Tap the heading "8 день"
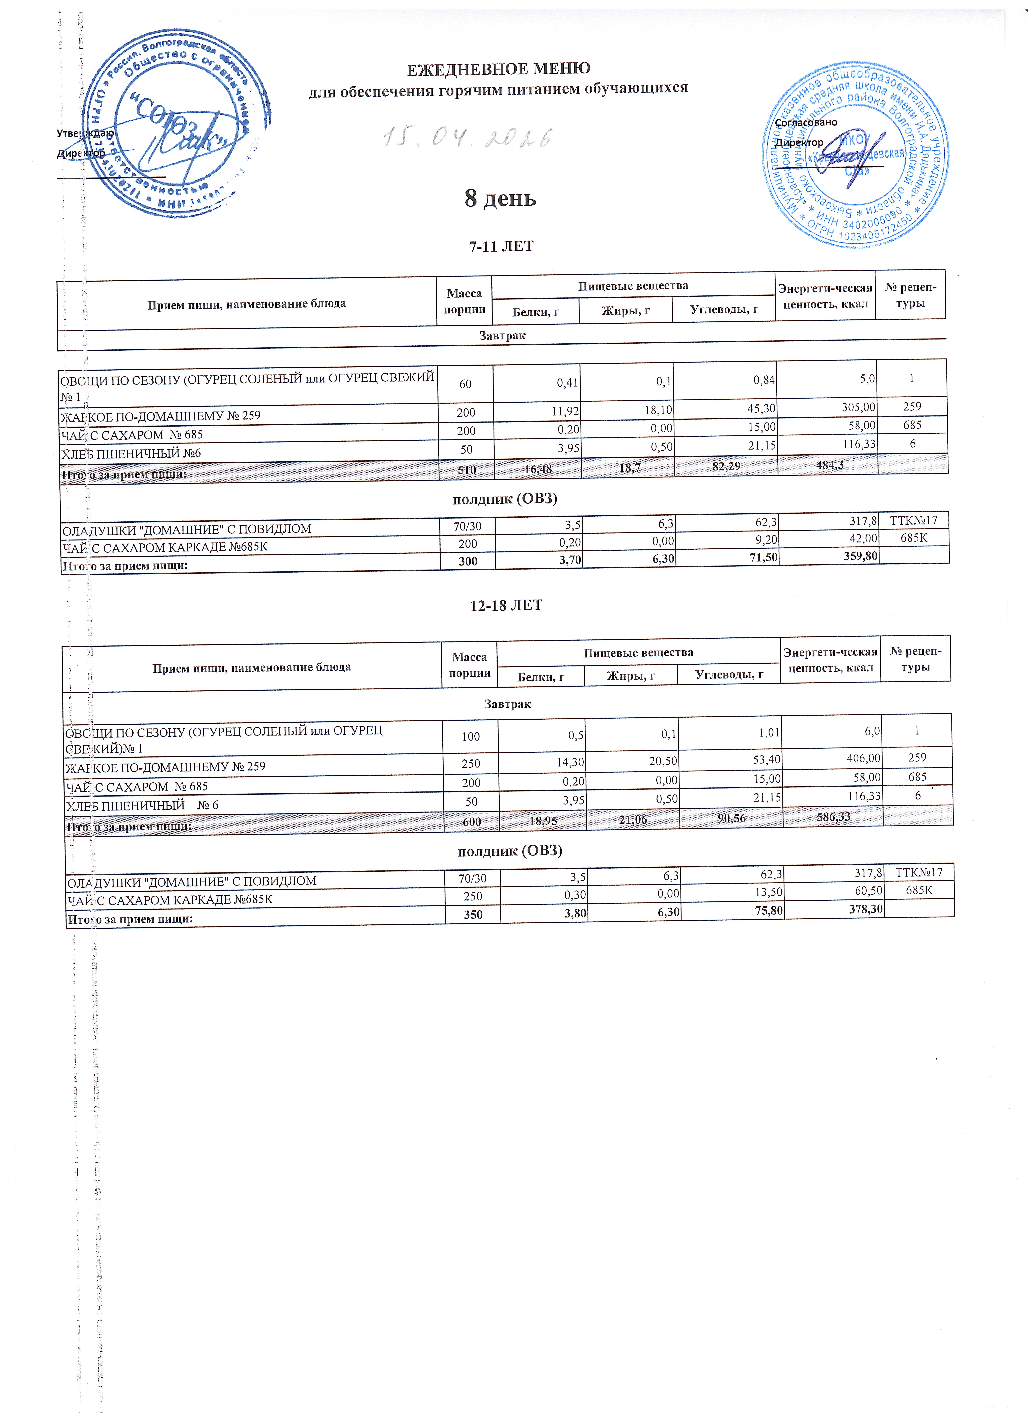point(500,198)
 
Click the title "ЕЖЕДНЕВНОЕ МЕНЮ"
point(498,68)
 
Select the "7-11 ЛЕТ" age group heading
point(501,246)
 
